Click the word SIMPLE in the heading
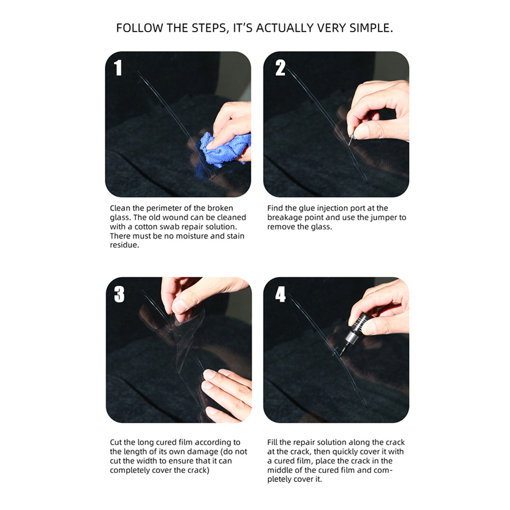pos(371,28)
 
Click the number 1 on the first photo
pos(118,68)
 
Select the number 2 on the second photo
pos(280,68)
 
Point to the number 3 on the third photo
pos(119,294)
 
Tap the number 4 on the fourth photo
pos(280,294)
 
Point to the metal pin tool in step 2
pos(351,140)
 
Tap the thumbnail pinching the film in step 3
pos(179,306)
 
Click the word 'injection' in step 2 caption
pos(332,208)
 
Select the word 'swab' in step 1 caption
pos(171,227)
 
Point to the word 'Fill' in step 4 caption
pos(272,442)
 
